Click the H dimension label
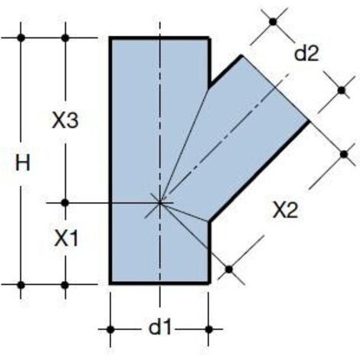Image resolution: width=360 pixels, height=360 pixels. (x=23, y=162)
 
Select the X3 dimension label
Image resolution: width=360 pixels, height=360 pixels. (x=65, y=120)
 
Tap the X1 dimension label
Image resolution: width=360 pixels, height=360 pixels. (x=66, y=238)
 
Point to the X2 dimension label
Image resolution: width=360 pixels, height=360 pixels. (x=286, y=210)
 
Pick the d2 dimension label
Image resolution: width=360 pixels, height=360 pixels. (x=306, y=54)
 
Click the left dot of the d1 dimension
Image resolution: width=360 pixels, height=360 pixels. (x=110, y=329)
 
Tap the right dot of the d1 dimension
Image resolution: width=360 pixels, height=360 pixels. (x=209, y=329)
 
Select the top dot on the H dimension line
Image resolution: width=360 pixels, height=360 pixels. (x=21, y=38)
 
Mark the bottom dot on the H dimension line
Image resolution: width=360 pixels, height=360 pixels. (x=21, y=285)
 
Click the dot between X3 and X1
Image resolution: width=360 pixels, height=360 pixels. (x=65, y=203)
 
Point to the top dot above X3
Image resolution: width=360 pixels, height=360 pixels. (x=65, y=38)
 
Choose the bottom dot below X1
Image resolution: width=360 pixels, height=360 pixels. (x=65, y=285)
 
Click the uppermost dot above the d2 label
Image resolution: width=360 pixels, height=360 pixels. (x=273, y=22)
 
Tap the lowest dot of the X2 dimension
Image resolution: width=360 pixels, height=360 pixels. (x=229, y=270)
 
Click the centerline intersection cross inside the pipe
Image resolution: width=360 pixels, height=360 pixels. (x=160, y=203)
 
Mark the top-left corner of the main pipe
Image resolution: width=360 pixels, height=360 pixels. (x=110, y=38)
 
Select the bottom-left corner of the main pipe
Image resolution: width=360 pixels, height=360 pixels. (x=110, y=283)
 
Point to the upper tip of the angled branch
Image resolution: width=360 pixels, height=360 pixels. (x=241, y=56)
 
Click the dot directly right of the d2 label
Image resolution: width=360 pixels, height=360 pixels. (x=342, y=90)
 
